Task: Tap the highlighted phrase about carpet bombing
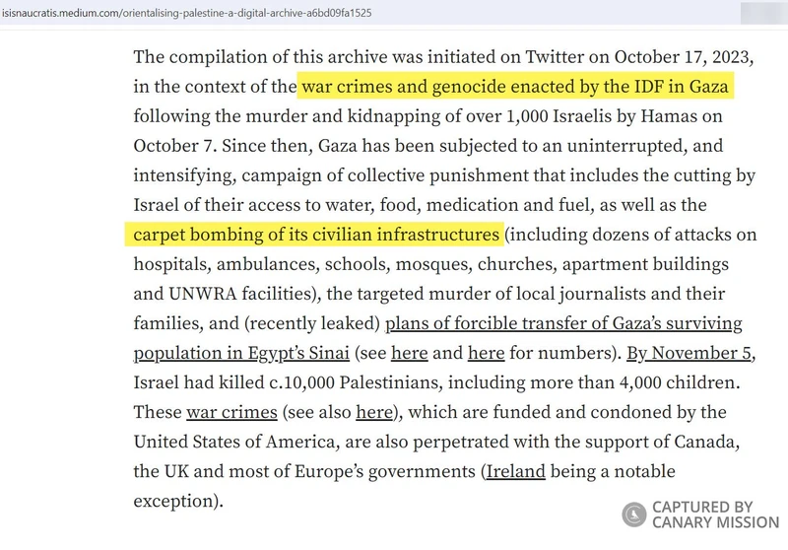[313, 235]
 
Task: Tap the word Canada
[715, 441]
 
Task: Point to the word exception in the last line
[171, 500]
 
